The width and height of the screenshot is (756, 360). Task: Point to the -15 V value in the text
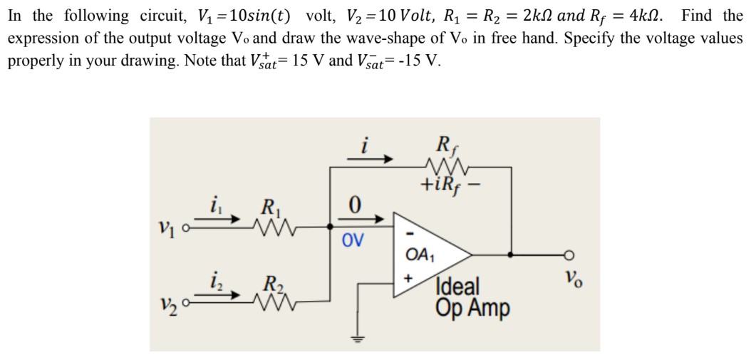point(420,60)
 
